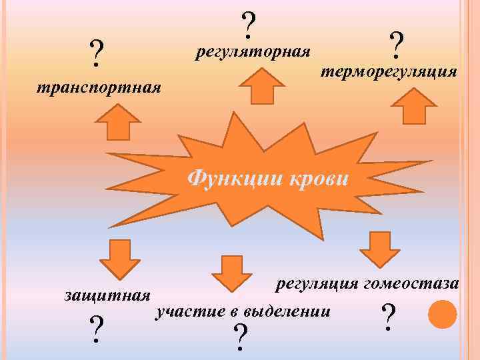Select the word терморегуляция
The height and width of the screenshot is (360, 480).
tap(389, 71)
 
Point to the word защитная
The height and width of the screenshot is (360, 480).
tap(107, 294)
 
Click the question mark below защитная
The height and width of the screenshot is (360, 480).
tap(97, 328)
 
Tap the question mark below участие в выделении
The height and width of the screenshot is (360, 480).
tap(241, 338)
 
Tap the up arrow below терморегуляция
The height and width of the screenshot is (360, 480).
tap(413, 105)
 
